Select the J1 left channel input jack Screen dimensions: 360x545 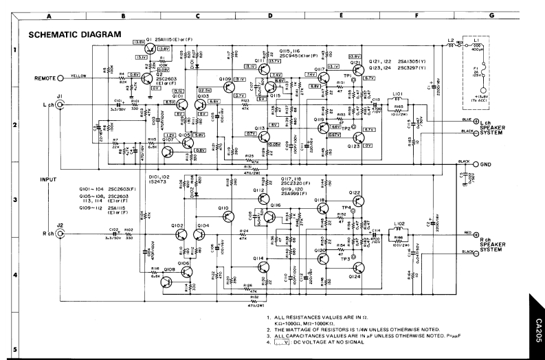60,104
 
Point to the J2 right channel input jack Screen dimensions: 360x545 60,234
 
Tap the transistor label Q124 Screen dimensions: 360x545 355,276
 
